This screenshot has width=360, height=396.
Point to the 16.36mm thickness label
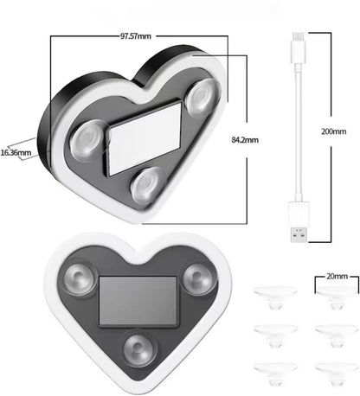(16, 153)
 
